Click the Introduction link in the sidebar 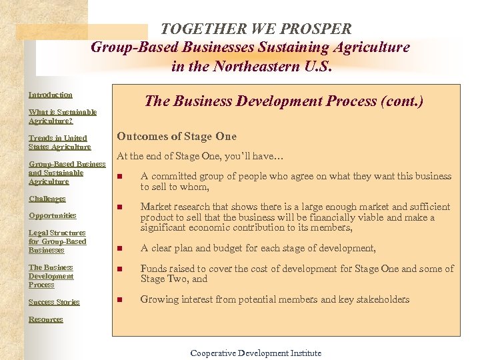tap(51, 95)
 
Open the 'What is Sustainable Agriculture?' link tap(63, 117)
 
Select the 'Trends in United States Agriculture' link tap(59, 142)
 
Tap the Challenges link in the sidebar tap(47, 199)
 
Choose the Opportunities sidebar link tap(53, 215)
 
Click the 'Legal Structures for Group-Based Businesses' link tap(57, 241)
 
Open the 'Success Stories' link tap(54, 302)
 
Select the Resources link tap(46, 319)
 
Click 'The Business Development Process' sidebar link tap(51, 276)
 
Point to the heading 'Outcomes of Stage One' tap(177, 136)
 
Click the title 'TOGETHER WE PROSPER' tap(256, 29)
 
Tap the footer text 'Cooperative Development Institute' tap(256, 353)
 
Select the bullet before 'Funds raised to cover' tap(120, 269)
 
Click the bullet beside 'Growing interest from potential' tap(120, 300)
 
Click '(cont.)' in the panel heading tap(401, 101)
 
